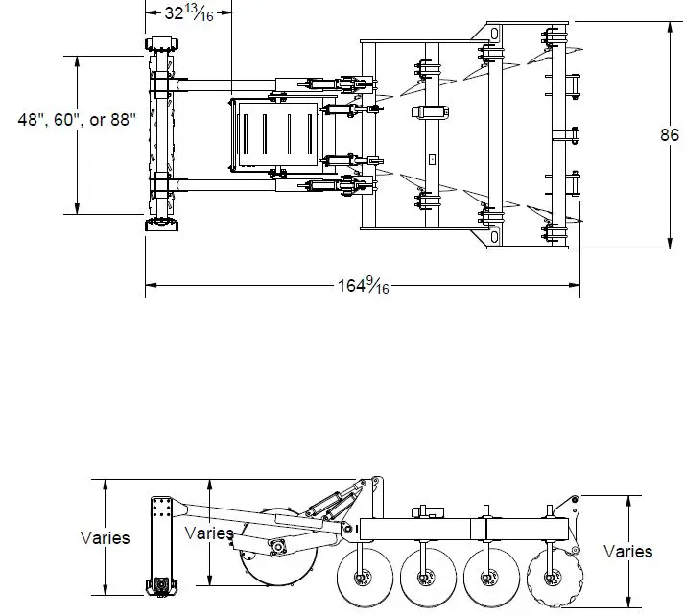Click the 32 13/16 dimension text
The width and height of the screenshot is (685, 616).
tap(188, 12)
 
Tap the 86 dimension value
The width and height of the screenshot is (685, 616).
tap(669, 135)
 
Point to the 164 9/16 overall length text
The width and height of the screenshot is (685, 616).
tap(364, 285)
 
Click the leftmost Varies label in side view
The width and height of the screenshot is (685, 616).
tap(105, 537)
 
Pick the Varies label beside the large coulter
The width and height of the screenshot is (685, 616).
tap(208, 533)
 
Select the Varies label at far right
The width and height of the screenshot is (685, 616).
tap(627, 551)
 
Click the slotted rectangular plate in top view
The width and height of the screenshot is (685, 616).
tap(276, 135)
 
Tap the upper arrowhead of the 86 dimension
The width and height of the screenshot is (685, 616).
tap(669, 26)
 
